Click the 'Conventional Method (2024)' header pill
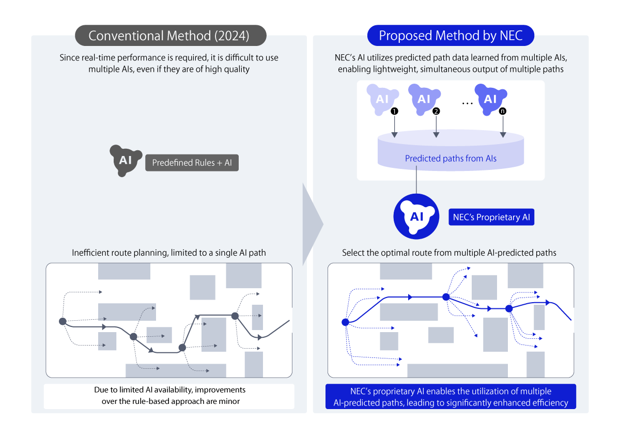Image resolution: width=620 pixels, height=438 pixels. (x=171, y=36)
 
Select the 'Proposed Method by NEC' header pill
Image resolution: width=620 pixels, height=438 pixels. (x=451, y=36)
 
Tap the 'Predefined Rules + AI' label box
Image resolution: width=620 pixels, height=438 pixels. (x=192, y=163)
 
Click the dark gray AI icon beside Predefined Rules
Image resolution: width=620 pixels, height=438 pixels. (x=126, y=161)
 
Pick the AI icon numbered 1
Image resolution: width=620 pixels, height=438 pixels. (x=382, y=99)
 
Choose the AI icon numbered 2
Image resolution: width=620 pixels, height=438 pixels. (x=424, y=99)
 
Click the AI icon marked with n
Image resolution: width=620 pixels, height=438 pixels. (x=490, y=99)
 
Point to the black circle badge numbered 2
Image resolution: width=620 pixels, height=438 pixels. (x=436, y=111)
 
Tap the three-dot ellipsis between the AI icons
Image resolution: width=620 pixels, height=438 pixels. (x=467, y=104)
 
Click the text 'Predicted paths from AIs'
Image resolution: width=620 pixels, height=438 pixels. (x=451, y=158)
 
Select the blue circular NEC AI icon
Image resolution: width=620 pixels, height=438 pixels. (x=416, y=216)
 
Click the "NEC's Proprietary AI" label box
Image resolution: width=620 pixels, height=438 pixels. (x=491, y=217)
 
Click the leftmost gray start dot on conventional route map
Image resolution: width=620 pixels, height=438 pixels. (x=63, y=321)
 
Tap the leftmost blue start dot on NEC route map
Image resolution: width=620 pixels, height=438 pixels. (x=346, y=322)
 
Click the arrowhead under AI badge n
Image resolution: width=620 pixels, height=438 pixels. (x=503, y=135)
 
